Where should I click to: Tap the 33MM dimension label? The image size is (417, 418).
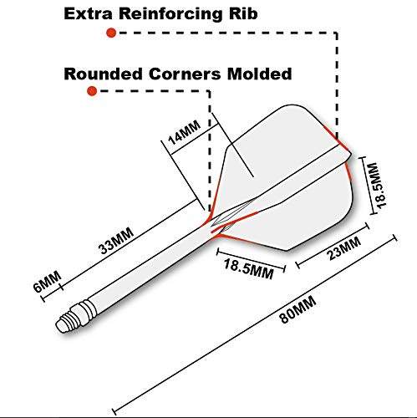pos(117,241)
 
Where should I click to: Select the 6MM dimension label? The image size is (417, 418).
pos(47,282)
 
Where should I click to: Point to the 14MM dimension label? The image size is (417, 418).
pos(184,132)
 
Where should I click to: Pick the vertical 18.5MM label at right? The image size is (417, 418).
pos(379,185)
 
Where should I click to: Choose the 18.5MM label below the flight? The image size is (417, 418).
pos(248,269)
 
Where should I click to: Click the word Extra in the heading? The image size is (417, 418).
pos(88,13)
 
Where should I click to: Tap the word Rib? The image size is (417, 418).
pos(243,13)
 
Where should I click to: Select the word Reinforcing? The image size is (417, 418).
pos(170,14)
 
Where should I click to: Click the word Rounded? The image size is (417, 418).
pos(103,74)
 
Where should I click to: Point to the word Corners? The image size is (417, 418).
pos(185,74)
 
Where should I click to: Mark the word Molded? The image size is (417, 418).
pos(259,74)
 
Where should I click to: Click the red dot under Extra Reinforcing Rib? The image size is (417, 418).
pos(111,33)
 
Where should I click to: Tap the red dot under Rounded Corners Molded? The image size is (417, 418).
pos(92,91)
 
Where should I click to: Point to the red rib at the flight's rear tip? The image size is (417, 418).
pos(337,140)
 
